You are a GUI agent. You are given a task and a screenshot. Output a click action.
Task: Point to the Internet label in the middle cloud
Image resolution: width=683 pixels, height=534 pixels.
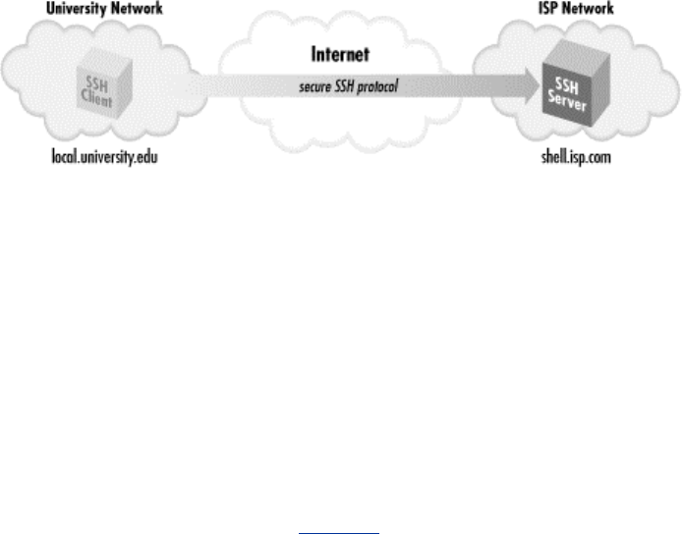(x=340, y=55)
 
